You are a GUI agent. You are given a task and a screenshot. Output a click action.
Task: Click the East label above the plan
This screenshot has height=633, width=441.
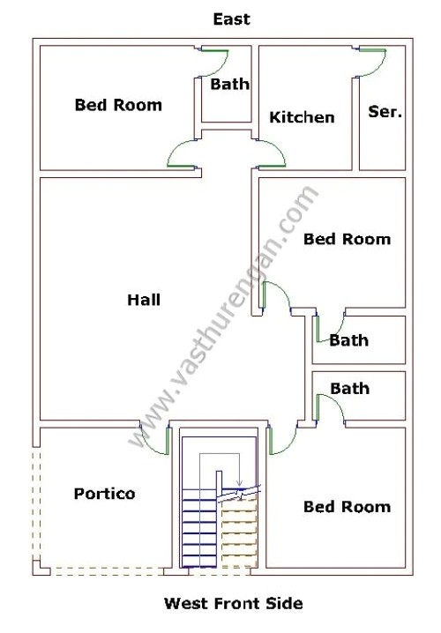point(231,19)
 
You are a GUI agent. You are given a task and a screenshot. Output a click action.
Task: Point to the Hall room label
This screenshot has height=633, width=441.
point(144,300)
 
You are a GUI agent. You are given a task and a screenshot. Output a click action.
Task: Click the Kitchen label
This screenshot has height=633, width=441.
point(302,117)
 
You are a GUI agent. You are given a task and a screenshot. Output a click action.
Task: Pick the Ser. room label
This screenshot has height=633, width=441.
point(385,111)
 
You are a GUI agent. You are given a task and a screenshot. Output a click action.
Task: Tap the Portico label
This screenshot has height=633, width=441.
point(104,494)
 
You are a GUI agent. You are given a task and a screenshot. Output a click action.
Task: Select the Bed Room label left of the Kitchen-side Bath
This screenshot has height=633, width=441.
point(118,105)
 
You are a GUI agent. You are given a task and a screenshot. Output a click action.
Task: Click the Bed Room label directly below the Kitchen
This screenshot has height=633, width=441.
point(347,239)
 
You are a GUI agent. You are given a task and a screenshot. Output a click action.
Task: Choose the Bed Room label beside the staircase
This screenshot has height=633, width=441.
point(347,507)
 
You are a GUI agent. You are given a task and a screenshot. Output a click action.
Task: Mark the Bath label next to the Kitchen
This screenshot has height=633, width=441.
point(229,85)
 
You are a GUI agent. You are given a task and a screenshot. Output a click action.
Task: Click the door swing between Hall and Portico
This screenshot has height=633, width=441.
point(155,441)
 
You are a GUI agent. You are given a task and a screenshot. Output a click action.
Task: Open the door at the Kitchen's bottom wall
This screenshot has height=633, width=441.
point(271,155)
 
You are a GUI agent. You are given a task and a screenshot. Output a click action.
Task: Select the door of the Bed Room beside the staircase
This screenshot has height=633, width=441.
point(280,441)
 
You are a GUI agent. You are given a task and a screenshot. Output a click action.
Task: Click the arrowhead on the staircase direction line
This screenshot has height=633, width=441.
point(238,480)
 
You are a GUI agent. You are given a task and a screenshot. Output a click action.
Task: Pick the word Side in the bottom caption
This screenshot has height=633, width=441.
point(284,604)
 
